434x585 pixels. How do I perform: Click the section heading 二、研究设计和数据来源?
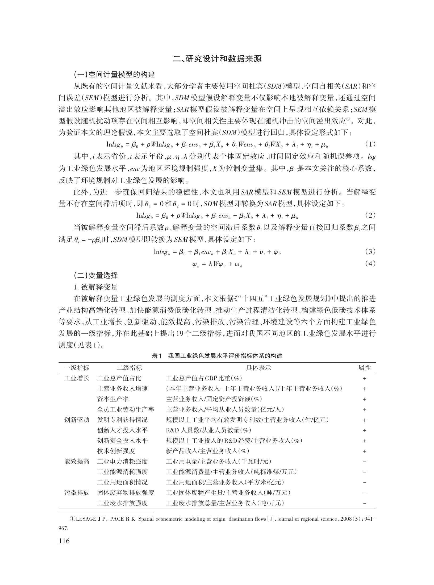click(217, 59)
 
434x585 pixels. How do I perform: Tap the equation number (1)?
click(370, 144)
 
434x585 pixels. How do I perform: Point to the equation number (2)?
click(370, 215)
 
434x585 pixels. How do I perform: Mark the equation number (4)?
click(370, 264)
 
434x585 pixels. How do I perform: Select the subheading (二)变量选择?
click(95, 276)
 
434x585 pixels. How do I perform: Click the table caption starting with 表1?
click(217, 356)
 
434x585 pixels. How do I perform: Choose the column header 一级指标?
click(77, 368)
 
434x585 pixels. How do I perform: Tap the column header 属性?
click(364, 368)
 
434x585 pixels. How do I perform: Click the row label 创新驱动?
click(77, 420)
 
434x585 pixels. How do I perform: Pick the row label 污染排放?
click(77, 492)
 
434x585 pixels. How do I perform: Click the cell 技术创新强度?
click(116, 451)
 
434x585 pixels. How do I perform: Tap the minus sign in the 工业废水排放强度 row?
click(365, 503)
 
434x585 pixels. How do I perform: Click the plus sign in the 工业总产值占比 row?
click(365, 379)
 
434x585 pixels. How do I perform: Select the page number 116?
click(64, 541)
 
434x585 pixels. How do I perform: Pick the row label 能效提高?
click(77, 461)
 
